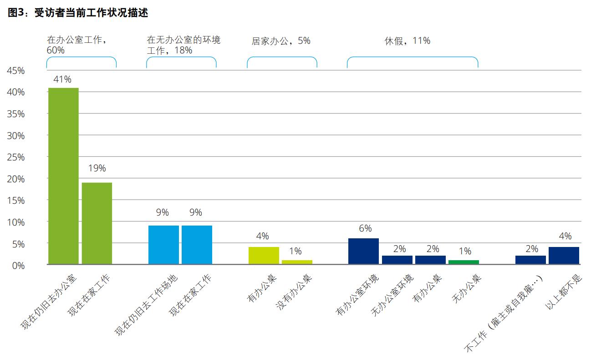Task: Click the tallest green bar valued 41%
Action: (63, 176)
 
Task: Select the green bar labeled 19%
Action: (97, 223)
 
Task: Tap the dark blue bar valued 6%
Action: (363, 251)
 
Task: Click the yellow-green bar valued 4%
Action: (264, 256)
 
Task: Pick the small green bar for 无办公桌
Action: (464, 262)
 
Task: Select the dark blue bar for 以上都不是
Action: (564, 256)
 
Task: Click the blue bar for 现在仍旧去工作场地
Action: (163, 245)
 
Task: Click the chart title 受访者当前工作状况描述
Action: (78, 13)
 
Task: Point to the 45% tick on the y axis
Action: (15, 71)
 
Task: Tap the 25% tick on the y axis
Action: (15, 157)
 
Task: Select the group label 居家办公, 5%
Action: (281, 41)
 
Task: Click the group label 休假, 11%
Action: (407, 41)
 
